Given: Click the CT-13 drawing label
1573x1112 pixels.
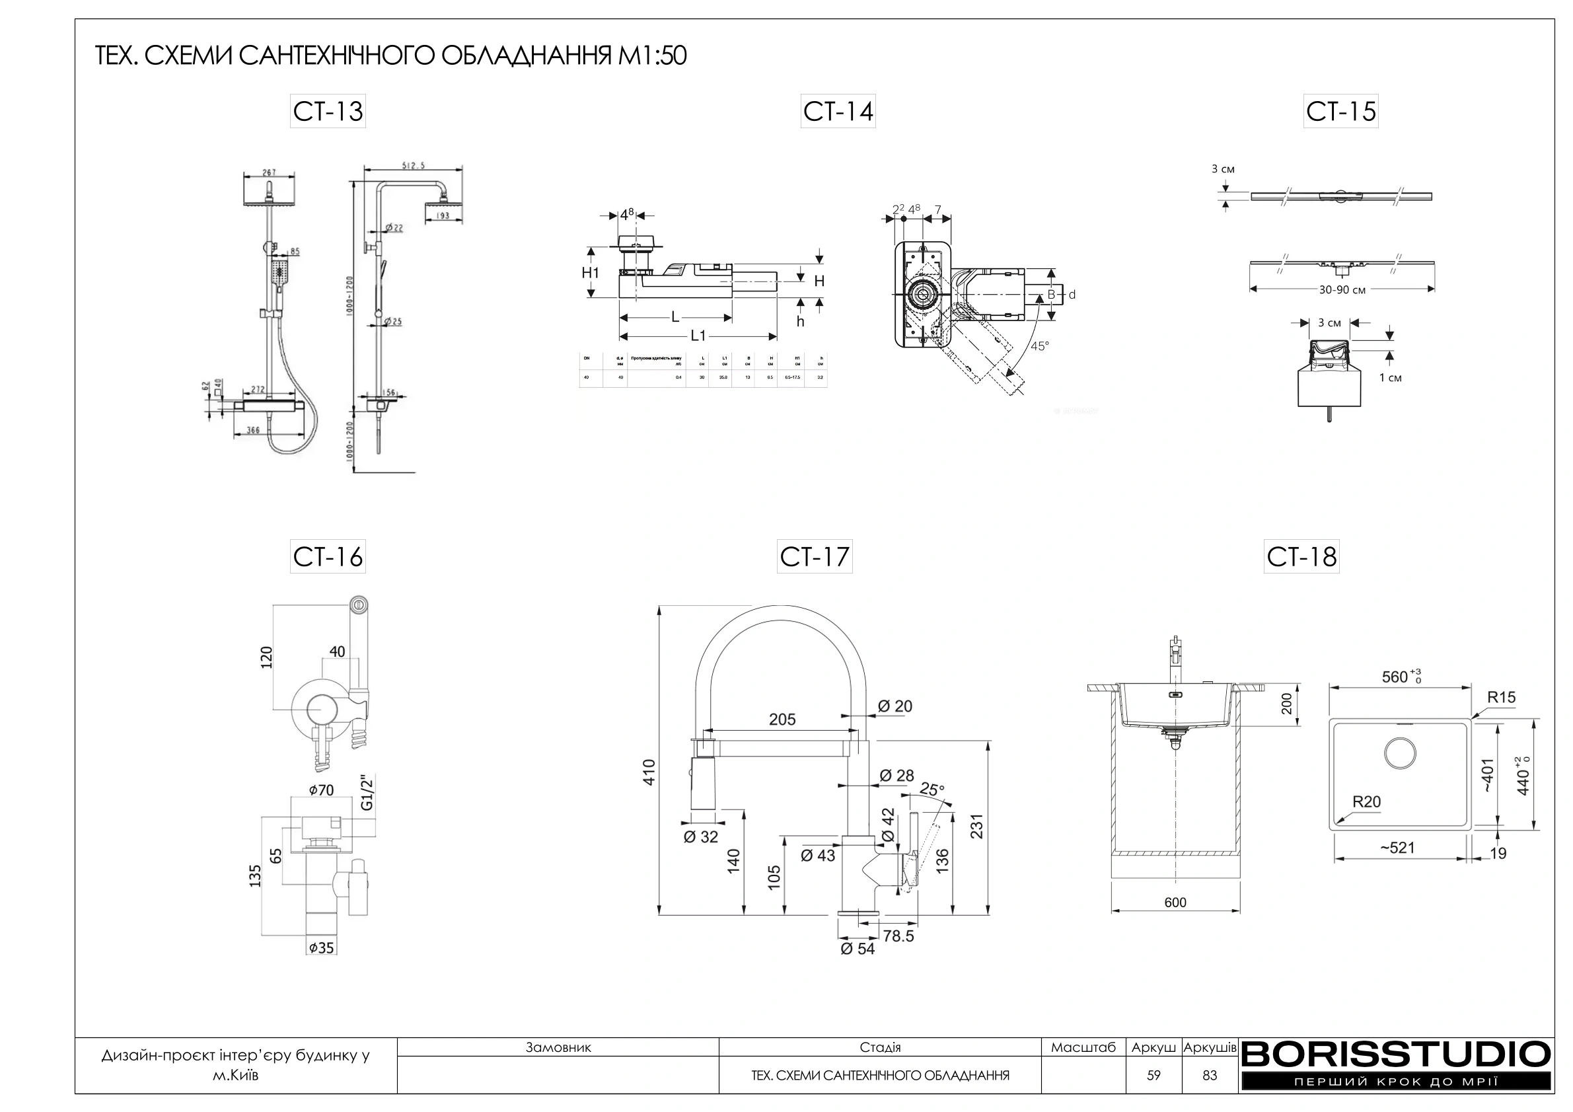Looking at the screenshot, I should pos(328,112).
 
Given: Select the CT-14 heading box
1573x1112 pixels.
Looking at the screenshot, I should pos(838,112).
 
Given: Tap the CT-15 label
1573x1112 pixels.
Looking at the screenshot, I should pos(1340,112).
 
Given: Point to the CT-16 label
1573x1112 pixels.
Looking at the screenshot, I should pos(328,556).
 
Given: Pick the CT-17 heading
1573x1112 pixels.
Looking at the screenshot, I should pos(815,556).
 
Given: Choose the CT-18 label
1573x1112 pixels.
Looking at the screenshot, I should pos(1301,556).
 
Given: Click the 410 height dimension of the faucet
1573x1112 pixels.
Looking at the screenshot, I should pos(649,772).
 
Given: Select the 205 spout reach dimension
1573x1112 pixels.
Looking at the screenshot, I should pos(782,720).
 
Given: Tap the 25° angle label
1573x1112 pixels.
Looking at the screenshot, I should pos(932,790).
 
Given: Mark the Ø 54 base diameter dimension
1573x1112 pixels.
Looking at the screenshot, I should pos(857,949).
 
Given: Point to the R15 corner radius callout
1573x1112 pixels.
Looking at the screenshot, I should pos(1501,698).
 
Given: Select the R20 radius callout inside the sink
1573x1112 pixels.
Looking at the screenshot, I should pos(1366,801).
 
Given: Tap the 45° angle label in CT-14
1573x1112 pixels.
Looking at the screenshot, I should pos(1039,347).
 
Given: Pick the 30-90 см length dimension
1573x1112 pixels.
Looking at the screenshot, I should pos(1342,290).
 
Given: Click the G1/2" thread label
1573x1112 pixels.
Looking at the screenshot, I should pos(367,794).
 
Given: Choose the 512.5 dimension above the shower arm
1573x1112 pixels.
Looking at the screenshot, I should pos(414,165).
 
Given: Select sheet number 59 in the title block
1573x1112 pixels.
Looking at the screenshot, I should pos(1153,1076).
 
